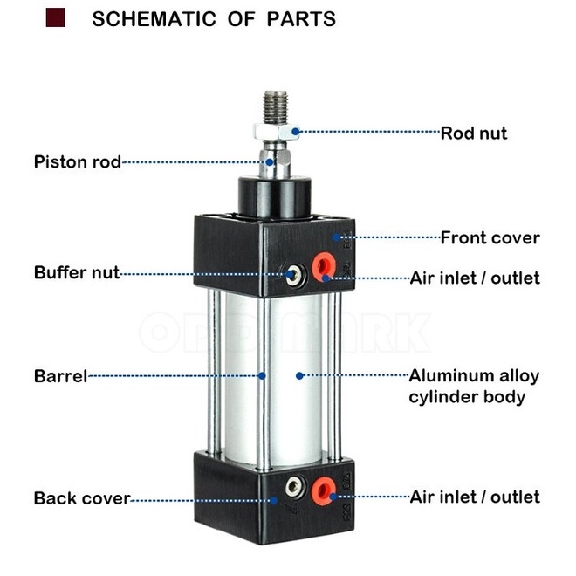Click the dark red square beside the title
(x=56, y=17)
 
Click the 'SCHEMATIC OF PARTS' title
(x=214, y=18)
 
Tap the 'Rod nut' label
(x=473, y=134)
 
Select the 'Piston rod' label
(x=77, y=161)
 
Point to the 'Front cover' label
(x=490, y=237)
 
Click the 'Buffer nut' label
(x=77, y=272)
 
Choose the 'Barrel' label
(x=60, y=377)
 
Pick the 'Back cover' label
(x=81, y=499)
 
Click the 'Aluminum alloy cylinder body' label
(x=474, y=387)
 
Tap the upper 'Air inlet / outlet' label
(x=475, y=278)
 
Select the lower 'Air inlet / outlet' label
(x=475, y=497)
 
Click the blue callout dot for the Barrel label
(x=263, y=377)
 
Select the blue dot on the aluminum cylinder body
(x=299, y=376)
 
